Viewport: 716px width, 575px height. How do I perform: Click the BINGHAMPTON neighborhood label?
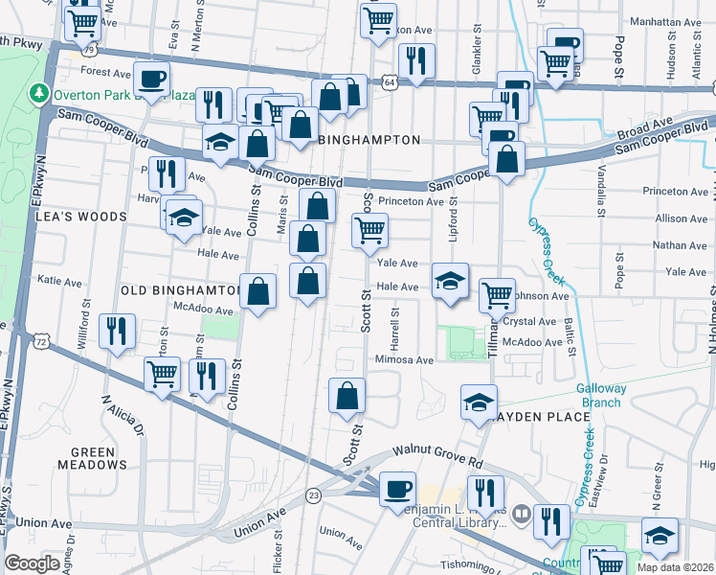coord(369,140)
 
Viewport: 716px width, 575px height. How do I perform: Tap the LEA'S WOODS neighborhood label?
coord(82,217)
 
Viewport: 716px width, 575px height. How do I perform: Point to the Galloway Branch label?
coord(601,396)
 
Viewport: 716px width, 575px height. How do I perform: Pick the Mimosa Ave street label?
coord(404,360)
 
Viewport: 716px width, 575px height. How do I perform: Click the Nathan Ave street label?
coord(679,245)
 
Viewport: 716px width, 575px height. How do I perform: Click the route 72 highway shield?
coord(40,341)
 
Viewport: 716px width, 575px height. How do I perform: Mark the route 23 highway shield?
coord(313,494)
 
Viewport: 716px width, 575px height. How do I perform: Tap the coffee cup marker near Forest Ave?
coord(151,79)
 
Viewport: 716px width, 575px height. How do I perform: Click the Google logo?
coord(33,563)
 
